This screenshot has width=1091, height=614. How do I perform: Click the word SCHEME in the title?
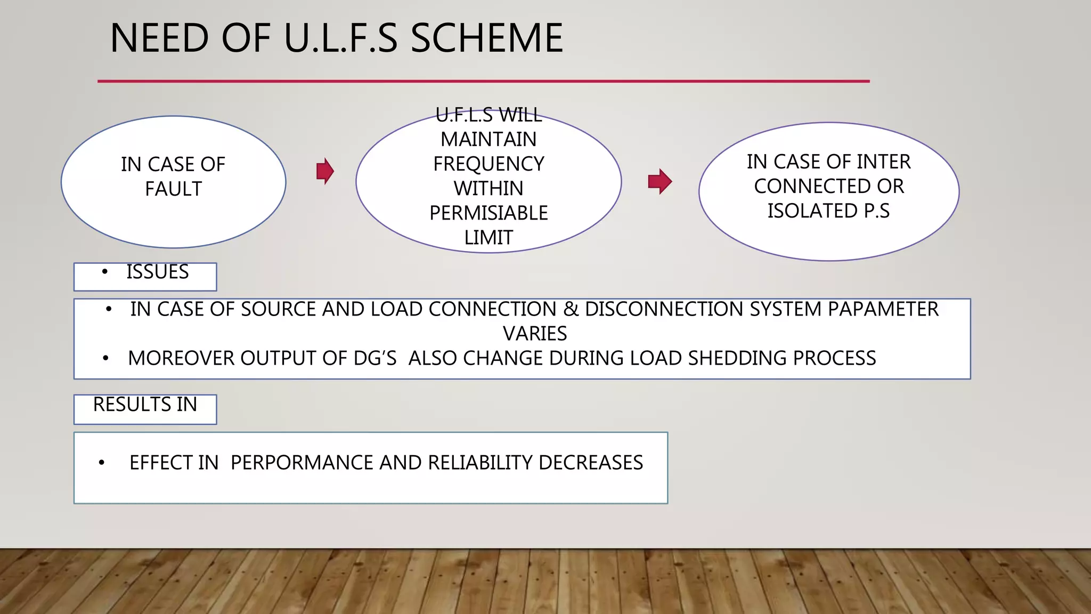(x=486, y=38)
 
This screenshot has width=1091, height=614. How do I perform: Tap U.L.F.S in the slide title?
(x=341, y=38)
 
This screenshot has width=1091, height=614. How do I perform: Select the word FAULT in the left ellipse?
(x=173, y=189)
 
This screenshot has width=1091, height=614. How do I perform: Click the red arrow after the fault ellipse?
(x=325, y=171)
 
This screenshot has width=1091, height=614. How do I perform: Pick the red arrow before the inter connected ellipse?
(x=660, y=181)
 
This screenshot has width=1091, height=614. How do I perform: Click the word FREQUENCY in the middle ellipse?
(x=488, y=164)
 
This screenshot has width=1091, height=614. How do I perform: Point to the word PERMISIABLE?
(x=488, y=213)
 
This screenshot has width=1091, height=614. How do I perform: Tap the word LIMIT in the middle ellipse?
(x=488, y=237)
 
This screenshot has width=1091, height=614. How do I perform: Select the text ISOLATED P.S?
(x=828, y=211)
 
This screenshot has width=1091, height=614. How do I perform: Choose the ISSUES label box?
(x=145, y=277)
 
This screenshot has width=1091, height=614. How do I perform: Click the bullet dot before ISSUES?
(x=105, y=272)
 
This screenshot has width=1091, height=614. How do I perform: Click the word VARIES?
(x=535, y=334)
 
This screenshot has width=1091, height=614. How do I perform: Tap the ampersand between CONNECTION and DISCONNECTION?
(x=571, y=309)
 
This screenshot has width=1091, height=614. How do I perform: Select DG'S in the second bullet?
(x=375, y=358)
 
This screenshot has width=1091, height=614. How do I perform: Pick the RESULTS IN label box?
(x=145, y=409)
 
